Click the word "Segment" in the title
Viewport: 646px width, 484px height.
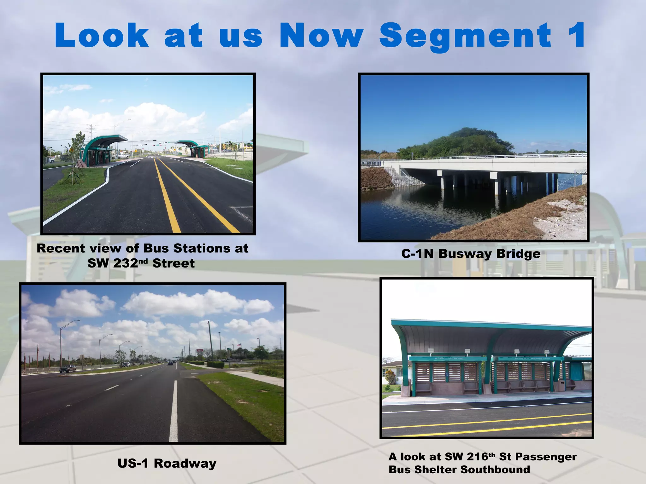pyautogui.click(x=465, y=35)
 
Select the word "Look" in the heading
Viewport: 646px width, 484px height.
pyautogui.click(x=102, y=35)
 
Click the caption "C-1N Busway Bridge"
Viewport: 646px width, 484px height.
pyautogui.click(x=471, y=254)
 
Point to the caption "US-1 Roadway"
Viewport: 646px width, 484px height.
pyautogui.click(x=167, y=463)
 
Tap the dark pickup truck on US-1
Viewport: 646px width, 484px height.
pyautogui.click(x=68, y=368)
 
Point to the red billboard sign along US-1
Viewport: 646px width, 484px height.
pyautogui.click(x=199, y=351)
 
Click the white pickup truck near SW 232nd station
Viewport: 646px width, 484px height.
pyautogui.click(x=122, y=155)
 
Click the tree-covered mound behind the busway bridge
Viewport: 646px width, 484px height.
pyautogui.click(x=457, y=142)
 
